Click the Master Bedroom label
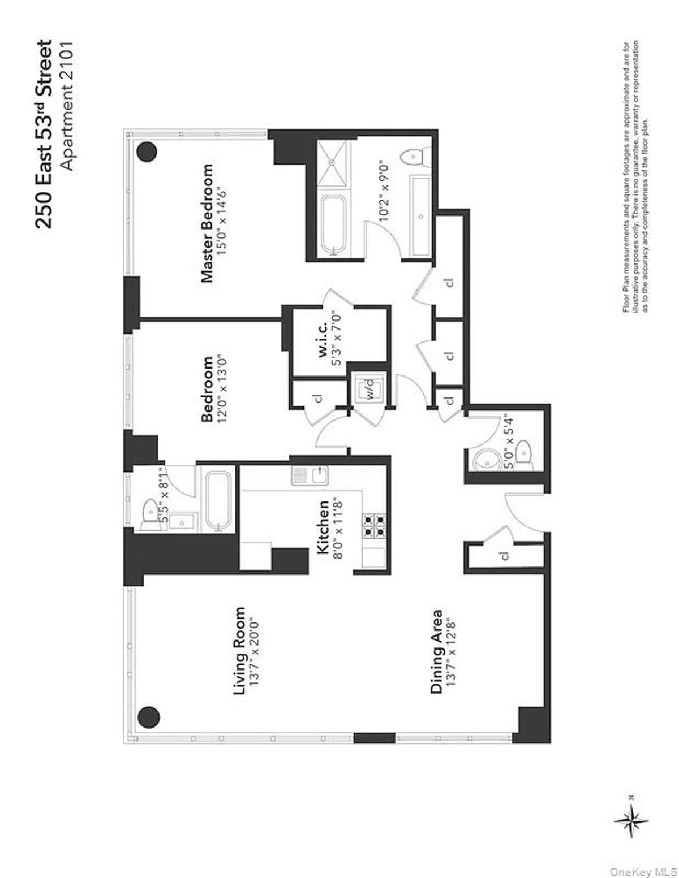click(x=208, y=223)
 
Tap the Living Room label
click(x=240, y=651)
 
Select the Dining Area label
click(x=436, y=651)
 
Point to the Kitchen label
click(x=323, y=527)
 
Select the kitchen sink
click(x=309, y=475)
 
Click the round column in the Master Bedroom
click(x=147, y=151)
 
